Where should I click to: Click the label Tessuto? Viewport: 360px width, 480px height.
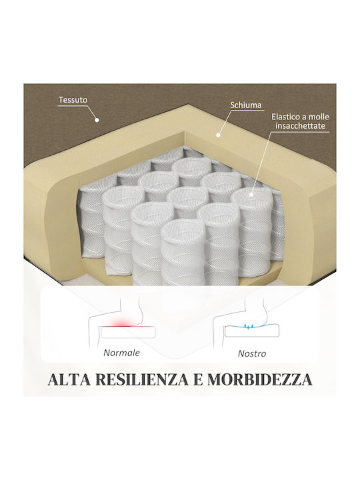[73, 100]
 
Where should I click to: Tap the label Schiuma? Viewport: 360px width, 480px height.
[246, 105]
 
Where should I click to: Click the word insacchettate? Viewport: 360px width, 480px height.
[300, 126]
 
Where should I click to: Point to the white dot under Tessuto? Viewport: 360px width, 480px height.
[97, 120]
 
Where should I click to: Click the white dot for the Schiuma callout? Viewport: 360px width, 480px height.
[218, 135]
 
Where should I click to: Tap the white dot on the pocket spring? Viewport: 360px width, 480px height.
[251, 195]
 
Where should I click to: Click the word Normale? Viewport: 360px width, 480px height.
[121, 353]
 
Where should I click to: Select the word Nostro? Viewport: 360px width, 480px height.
[252, 353]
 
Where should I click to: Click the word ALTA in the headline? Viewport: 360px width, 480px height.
[69, 379]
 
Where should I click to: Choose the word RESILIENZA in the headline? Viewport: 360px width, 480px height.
[142, 379]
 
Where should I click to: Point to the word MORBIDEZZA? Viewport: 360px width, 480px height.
[260, 379]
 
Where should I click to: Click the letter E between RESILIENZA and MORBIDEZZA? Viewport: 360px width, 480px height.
[198, 379]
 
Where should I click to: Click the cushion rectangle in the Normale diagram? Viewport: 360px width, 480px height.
[129, 332]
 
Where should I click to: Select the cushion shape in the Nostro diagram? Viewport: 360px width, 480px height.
[251, 331]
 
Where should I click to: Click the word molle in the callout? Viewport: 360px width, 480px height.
[319, 117]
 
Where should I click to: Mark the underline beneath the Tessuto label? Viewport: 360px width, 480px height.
[73, 106]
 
